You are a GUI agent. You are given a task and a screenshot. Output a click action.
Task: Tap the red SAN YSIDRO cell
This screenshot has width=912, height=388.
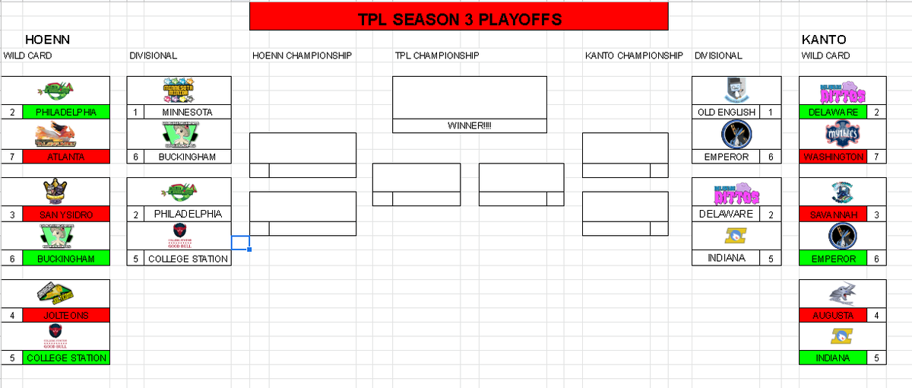point(66,215)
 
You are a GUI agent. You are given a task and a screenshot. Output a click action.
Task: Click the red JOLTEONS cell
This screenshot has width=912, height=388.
point(66,315)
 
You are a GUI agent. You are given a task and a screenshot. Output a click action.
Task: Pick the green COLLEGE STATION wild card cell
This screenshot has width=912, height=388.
point(66,358)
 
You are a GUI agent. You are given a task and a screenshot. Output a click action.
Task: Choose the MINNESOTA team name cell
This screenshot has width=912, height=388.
point(186,113)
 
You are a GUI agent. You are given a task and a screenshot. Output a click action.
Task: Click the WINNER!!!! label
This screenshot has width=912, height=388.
point(469,126)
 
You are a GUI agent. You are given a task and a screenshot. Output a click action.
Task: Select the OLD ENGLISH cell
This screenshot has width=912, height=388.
point(727,113)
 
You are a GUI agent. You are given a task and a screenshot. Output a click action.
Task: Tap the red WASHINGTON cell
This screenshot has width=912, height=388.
point(833,157)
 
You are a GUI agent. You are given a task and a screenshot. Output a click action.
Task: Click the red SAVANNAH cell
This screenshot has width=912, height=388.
point(833,215)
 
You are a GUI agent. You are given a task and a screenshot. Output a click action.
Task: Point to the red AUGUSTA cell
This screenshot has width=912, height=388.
point(833,315)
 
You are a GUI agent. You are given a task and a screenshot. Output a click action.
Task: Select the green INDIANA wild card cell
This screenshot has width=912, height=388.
point(833,358)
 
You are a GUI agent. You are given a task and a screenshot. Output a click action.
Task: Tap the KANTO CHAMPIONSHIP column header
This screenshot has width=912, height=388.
point(634,56)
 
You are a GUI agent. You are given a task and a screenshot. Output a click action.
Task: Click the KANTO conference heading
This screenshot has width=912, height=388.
point(824,40)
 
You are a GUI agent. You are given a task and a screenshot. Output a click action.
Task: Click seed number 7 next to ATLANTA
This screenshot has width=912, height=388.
point(12,157)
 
